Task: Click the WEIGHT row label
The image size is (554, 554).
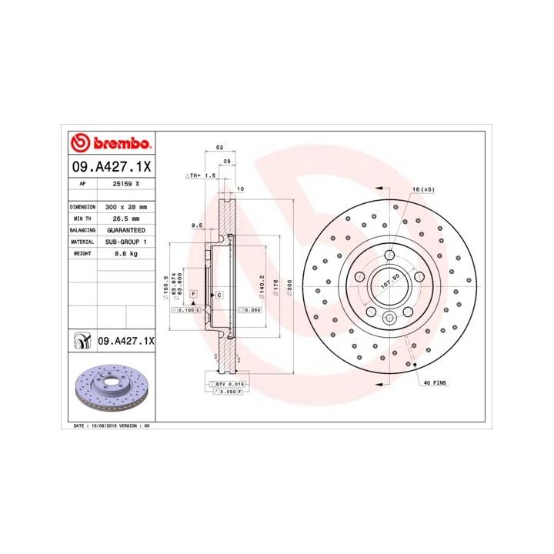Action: click(x=82, y=253)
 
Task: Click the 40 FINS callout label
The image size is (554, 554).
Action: click(x=435, y=382)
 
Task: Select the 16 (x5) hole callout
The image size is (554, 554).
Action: click(x=423, y=189)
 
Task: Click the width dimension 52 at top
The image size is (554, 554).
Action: click(x=219, y=147)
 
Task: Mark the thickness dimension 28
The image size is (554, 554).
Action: click(x=226, y=161)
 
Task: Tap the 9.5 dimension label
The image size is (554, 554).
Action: click(x=196, y=225)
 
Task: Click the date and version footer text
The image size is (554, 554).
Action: click(x=112, y=425)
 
